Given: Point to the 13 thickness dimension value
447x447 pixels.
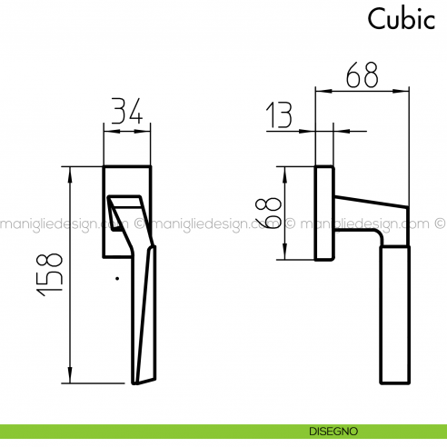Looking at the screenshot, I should (x=282, y=116).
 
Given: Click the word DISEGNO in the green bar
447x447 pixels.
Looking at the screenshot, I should (x=333, y=431).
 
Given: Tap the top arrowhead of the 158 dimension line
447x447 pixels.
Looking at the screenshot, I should (x=70, y=172).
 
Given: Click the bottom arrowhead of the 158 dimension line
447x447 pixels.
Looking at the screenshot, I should (x=70, y=378).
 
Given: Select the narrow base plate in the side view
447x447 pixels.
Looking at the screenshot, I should (x=323, y=212).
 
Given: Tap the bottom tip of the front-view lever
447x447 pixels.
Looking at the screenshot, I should (x=138, y=382).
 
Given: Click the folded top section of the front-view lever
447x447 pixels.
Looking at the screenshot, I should (x=124, y=210).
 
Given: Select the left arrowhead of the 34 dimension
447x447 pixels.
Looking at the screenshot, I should (x=107, y=132).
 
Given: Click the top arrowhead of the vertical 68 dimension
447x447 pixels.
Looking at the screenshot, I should (x=286, y=171).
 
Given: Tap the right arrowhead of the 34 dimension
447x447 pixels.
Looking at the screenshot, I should (x=146, y=132).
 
